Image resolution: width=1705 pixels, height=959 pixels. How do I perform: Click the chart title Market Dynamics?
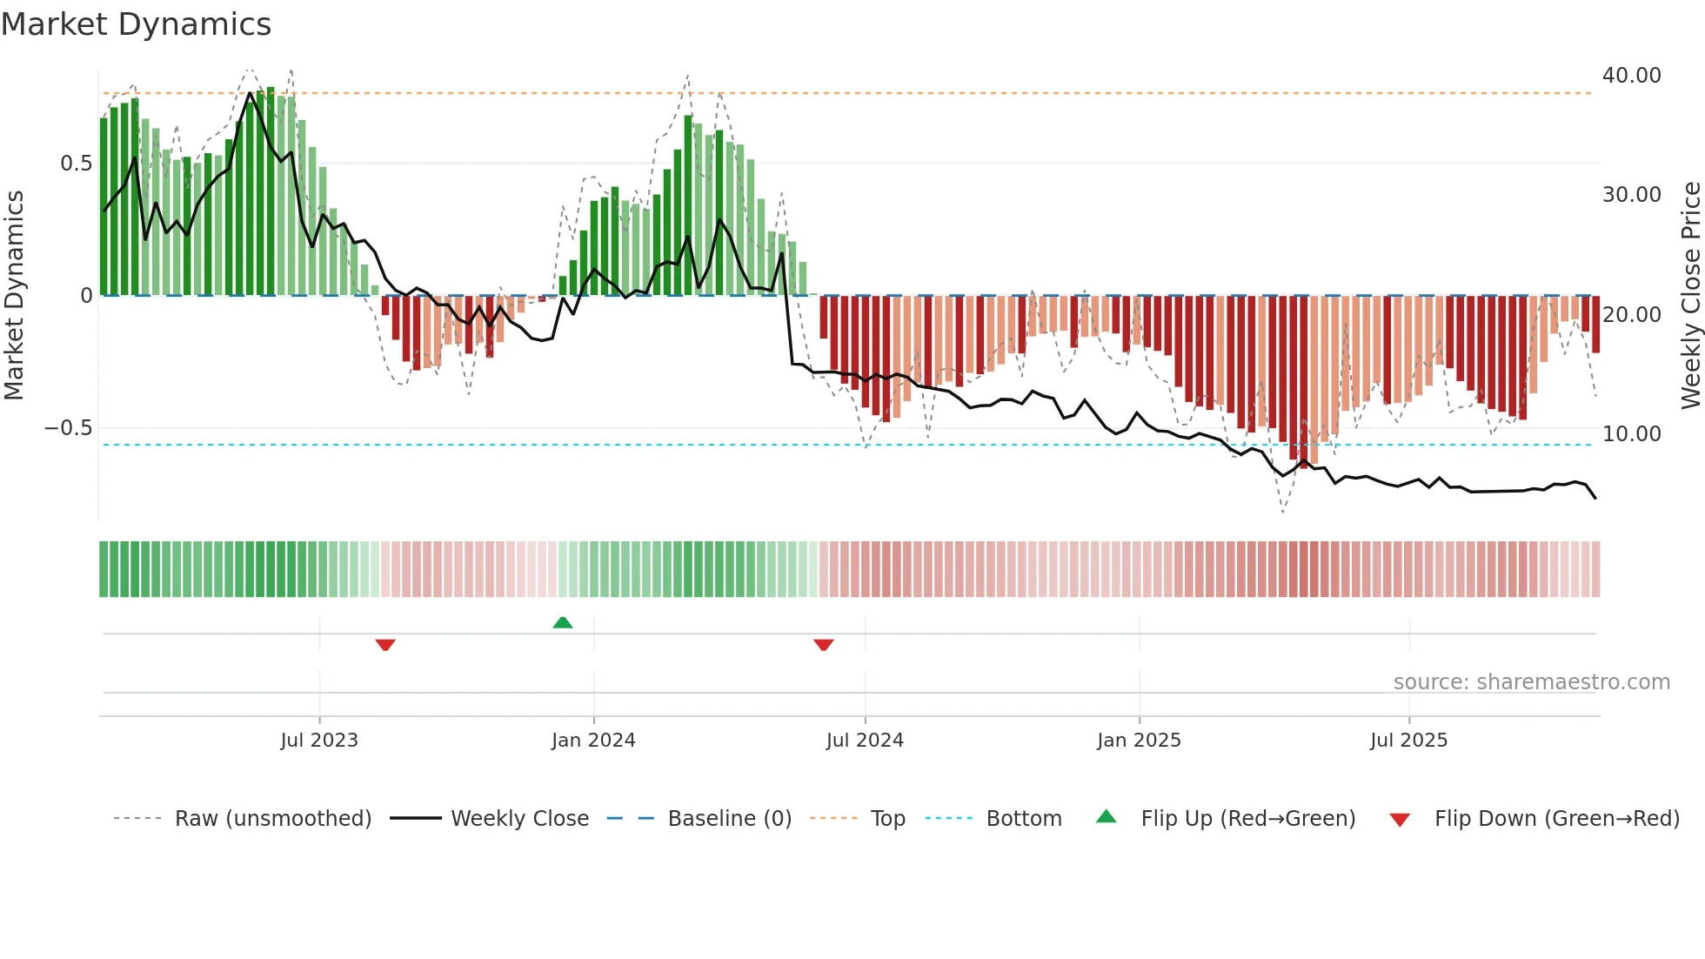point(136,24)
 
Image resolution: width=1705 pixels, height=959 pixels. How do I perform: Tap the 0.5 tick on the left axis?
point(76,164)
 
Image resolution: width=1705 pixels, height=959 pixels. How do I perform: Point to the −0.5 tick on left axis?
point(68,428)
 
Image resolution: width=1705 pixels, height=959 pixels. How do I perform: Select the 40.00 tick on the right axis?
point(1631,76)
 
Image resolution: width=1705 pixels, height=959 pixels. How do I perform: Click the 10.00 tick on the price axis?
point(1631,433)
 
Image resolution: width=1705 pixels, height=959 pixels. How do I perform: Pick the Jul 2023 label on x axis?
point(319,741)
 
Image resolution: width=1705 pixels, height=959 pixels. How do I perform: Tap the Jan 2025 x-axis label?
point(1139,741)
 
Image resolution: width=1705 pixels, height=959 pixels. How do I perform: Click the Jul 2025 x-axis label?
point(1408,741)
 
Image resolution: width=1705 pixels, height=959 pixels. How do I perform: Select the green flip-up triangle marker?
point(563,622)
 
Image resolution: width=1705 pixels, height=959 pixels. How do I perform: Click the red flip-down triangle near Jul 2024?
point(824,645)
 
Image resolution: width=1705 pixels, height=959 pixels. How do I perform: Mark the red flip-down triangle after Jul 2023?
point(385,645)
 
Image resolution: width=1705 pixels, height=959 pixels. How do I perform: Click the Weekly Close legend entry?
point(519,819)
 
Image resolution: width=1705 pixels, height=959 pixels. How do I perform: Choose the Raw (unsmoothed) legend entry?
point(272,819)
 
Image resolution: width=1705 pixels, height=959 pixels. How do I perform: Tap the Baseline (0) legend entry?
point(729,819)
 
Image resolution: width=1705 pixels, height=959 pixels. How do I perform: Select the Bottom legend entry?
point(1023,819)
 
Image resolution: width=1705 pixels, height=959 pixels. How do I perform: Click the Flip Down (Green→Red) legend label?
point(1556,819)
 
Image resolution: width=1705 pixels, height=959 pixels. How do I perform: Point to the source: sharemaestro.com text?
point(1531,682)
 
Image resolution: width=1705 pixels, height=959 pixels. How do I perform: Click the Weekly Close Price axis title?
point(1690,296)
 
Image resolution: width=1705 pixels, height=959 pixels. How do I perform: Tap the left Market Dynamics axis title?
point(14,296)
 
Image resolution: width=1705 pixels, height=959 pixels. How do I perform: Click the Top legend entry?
point(887,819)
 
